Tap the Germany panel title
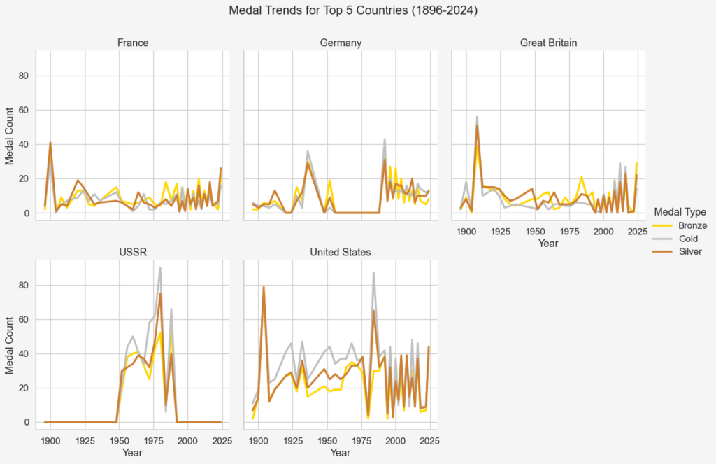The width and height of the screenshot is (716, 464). [340, 43]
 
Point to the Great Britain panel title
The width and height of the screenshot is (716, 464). [548, 43]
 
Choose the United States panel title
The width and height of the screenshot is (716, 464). [340, 252]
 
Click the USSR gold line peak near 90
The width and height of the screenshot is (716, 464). [160, 268]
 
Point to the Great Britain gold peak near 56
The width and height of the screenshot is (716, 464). [477, 118]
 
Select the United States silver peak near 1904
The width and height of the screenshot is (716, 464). [264, 287]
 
